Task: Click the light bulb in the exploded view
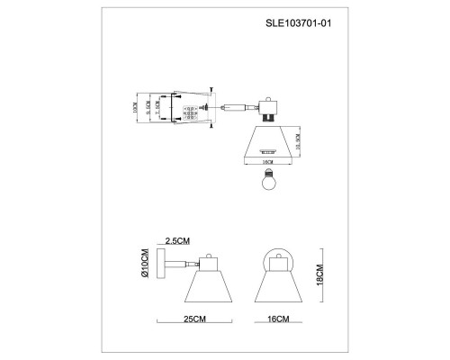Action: [266, 181]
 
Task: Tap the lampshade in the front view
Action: [278, 287]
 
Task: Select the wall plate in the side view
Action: [160, 267]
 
